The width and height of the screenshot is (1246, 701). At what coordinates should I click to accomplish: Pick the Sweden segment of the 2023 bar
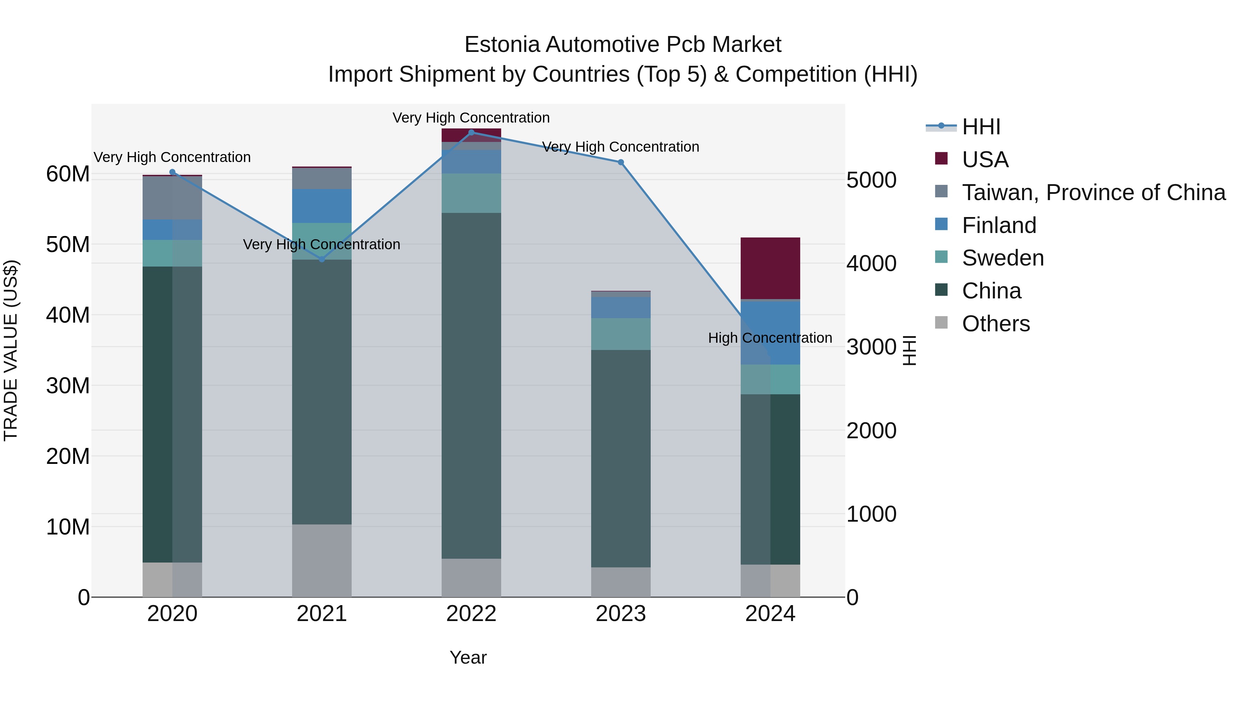621,334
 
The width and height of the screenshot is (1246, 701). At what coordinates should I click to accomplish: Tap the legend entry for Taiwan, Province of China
1093,192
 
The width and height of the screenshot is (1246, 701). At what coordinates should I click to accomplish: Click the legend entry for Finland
999,225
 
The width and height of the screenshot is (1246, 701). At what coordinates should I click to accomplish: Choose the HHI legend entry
981,127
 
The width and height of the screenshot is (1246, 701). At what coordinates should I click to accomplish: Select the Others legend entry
995,324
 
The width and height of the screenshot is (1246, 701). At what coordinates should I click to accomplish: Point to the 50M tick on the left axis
68,245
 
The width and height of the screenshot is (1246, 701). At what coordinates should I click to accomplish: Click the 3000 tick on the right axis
871,347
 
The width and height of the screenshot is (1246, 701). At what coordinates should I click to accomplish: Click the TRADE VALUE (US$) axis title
11,350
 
